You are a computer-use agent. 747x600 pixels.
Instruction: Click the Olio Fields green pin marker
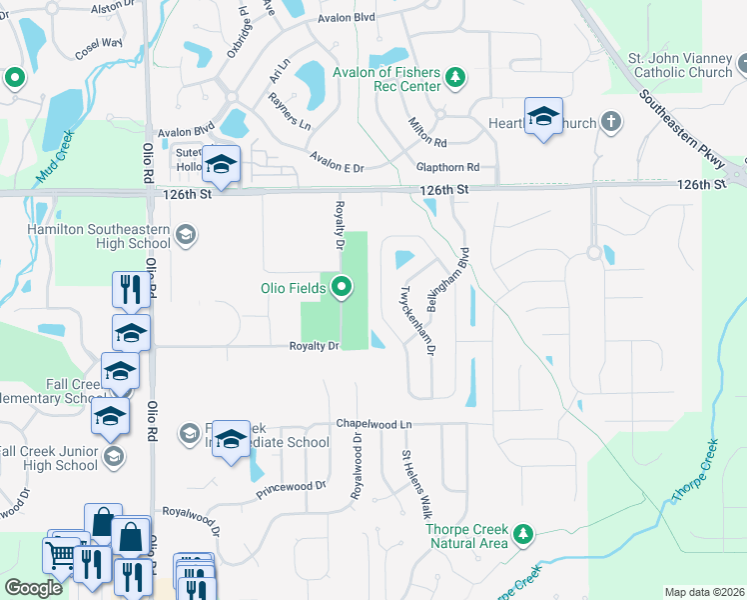click(x=343, y=288)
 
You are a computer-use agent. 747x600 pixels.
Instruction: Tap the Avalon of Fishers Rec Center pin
click(x=455, y=77)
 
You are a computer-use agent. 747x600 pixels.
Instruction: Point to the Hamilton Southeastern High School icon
click(x=184, y=235)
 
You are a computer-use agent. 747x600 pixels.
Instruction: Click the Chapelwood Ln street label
click(x=373, y=424)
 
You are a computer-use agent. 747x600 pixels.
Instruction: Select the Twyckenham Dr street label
click(x=418, y=321)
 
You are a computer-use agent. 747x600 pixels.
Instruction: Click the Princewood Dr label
click(x=292, y=487)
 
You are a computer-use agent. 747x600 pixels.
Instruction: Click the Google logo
click(x=33, y=588)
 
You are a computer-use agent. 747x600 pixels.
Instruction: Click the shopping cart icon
click(x=59, y=554)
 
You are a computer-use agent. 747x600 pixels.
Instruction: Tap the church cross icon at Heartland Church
click(x=611, y=123)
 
